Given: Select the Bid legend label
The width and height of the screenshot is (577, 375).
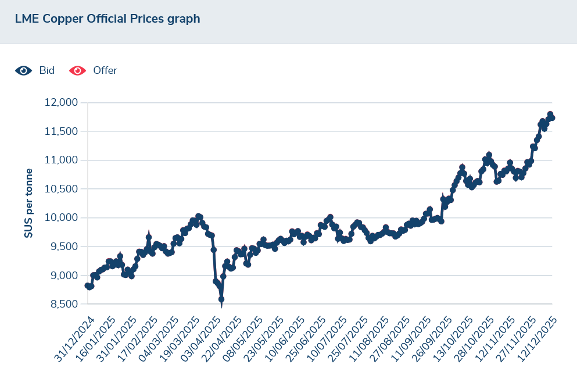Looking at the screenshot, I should click(47, 70).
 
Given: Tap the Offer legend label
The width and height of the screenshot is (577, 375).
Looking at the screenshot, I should click(105, 70).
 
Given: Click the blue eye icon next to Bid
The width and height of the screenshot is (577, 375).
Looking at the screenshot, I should click(23, 70).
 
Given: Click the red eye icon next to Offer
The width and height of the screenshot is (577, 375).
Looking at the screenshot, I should click(77, 70).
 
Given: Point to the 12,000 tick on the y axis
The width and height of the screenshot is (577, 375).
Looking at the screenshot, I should click(61, 103).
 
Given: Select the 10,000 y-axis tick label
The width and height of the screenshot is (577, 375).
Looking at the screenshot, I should click(61, 218).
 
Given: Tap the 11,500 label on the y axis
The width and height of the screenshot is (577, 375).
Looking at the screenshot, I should click(61, 131).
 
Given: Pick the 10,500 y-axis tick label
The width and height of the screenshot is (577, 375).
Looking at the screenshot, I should click(61, 189).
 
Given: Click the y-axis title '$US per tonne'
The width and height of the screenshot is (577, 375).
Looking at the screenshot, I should click(28, 203).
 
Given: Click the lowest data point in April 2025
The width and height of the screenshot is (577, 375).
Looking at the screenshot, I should click(221, 299).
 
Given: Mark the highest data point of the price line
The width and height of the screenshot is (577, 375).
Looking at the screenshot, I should click(550, 115).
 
